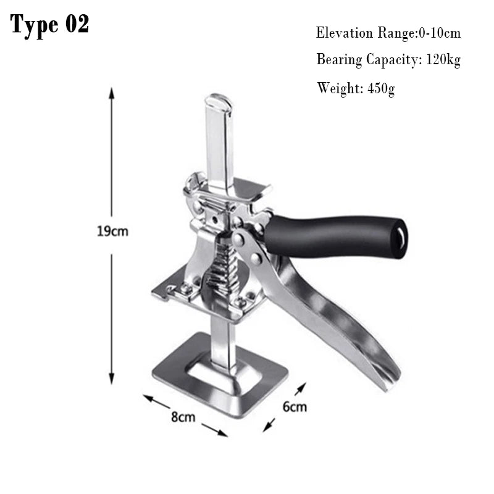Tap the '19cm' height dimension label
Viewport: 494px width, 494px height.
[112, 232]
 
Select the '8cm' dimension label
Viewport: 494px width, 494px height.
[183, 417]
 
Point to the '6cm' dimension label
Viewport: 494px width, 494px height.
[295, 407]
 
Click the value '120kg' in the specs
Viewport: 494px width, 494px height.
[443, 59]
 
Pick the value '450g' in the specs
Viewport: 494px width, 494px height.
[381, 88]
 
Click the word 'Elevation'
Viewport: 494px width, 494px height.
[345, 33]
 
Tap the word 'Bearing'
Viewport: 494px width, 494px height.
[339, 59]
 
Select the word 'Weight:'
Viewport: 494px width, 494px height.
[340, 88]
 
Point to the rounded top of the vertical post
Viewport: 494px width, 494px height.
[218, 100]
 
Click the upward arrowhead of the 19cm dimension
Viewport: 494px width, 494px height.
[111, 92]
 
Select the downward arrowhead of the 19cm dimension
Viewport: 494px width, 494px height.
[112, 379]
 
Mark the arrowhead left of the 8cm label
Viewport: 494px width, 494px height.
[148, 398]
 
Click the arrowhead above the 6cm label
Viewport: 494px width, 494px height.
[303, 387]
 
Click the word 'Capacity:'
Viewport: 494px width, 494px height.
[394, 59]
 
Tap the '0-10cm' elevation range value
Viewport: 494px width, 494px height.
[440, 33]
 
